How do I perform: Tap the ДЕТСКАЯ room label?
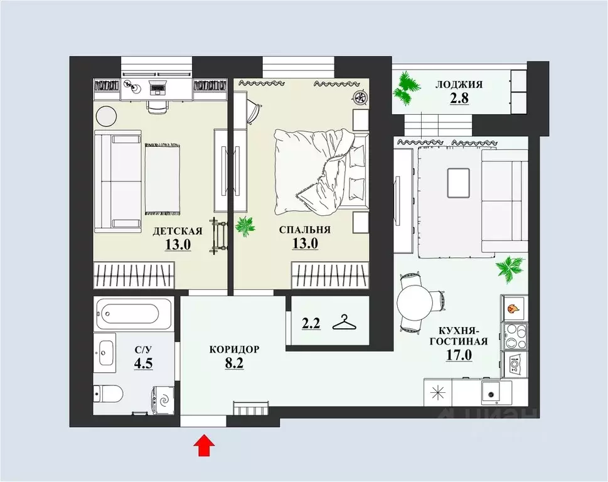click(x=177, y=231)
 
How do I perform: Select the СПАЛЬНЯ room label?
click(x=305, y=230)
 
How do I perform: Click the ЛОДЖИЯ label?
click(x=459, y=85)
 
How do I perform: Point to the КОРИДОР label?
click(x=234, y=350)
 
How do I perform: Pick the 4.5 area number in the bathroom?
click(x=144, y=363)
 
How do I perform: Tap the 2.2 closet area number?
click(x=311, y=323)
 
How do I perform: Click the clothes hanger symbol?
click(x=344, y=323)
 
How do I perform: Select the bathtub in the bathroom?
click(x=132, y=313)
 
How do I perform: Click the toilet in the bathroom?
click(x=109, y=394)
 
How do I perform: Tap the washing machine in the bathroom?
click(x=165, y=399)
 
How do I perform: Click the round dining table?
click(x=415, y=302)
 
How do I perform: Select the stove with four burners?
click(x=515, y=336)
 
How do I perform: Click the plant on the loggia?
click(x=406, y=88)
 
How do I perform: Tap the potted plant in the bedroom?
click(x=245, y=227)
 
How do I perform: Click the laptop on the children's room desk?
click(x=158, y=87)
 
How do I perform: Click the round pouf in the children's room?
click(x=106, y=116)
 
